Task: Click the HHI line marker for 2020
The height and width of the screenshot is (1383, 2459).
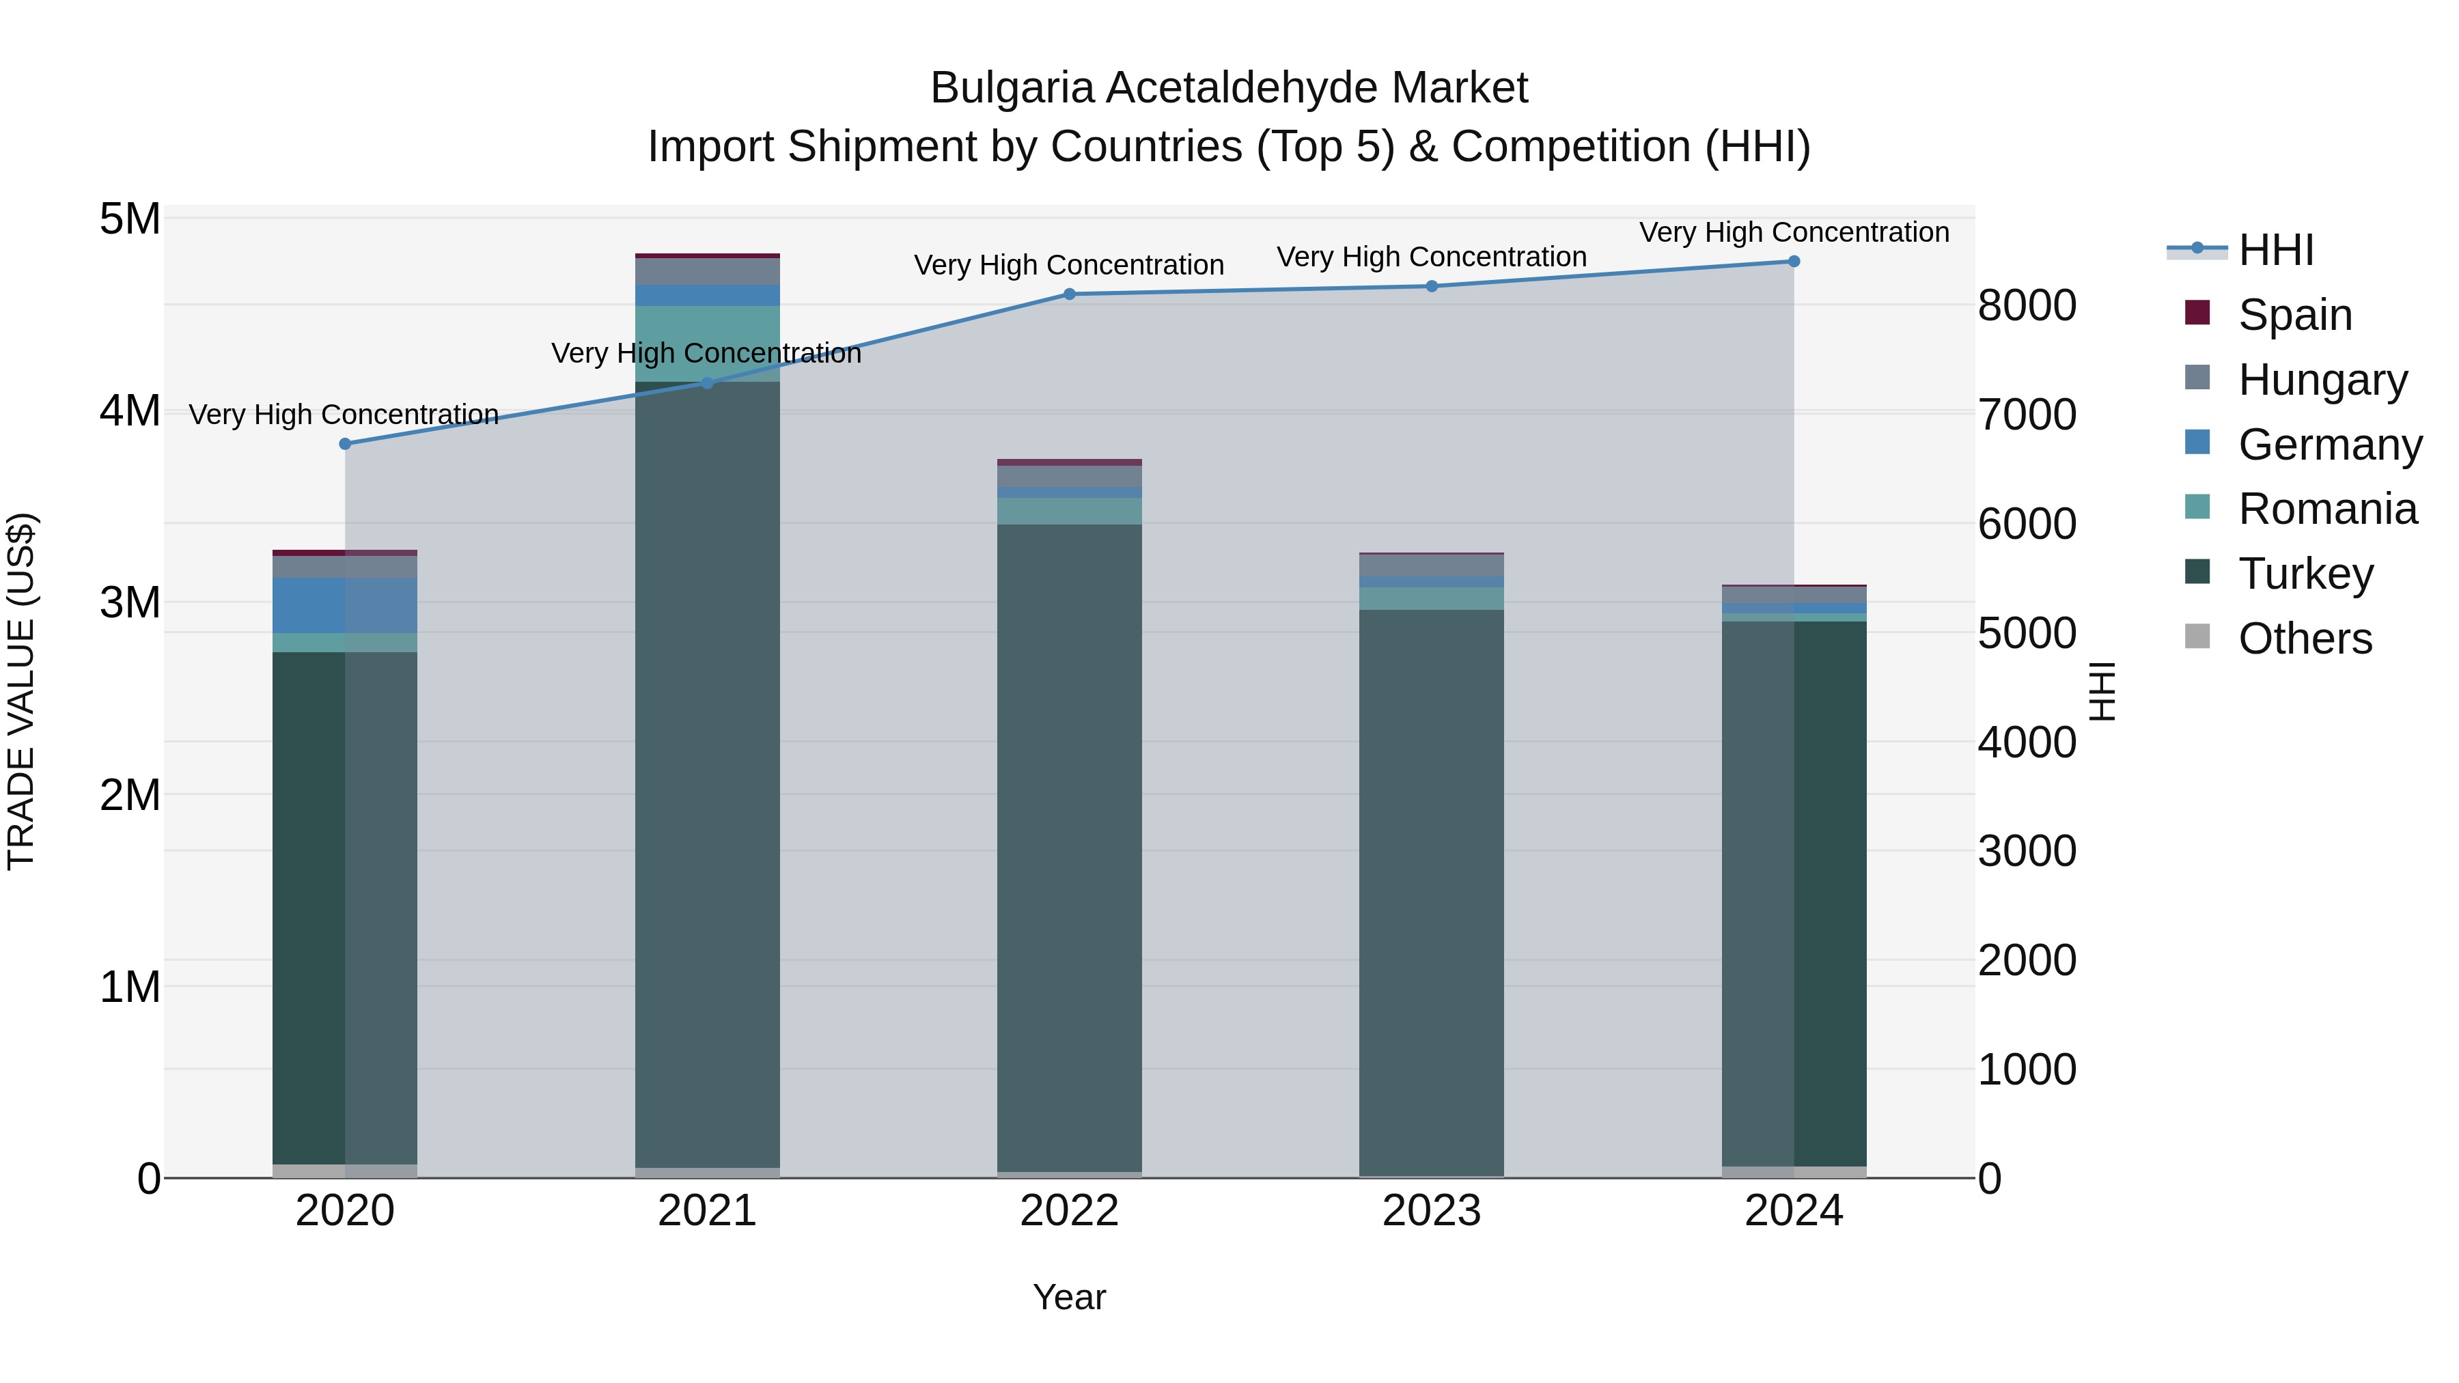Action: click(x=346, y=444)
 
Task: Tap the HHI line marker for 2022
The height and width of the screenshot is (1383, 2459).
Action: click(x=1069, y=294)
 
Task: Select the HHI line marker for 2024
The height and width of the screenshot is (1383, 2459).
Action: click(x=1794, y=262)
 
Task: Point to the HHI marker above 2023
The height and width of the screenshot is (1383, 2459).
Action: click(x=1432, y=286)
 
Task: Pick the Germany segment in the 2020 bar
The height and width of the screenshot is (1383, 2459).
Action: click(x=345, y=605)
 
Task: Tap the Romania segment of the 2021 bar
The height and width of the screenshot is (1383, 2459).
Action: click(x=708, y=344)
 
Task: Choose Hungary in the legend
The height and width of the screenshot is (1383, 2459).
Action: click(x=2322, y=380)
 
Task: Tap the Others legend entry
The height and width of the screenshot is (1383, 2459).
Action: click(x=2305, y=639)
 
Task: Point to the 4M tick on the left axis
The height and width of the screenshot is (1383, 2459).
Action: click(x=130, y=411)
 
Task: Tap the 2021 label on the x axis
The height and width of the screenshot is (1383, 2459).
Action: click(x=708, y=1211)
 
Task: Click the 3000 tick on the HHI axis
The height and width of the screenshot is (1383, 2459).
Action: click(x=2027, y=852)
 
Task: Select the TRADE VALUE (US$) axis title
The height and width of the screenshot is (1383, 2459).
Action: click(x=21, y=691)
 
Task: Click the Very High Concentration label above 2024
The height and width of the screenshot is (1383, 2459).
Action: click(x=1794, y=233)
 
